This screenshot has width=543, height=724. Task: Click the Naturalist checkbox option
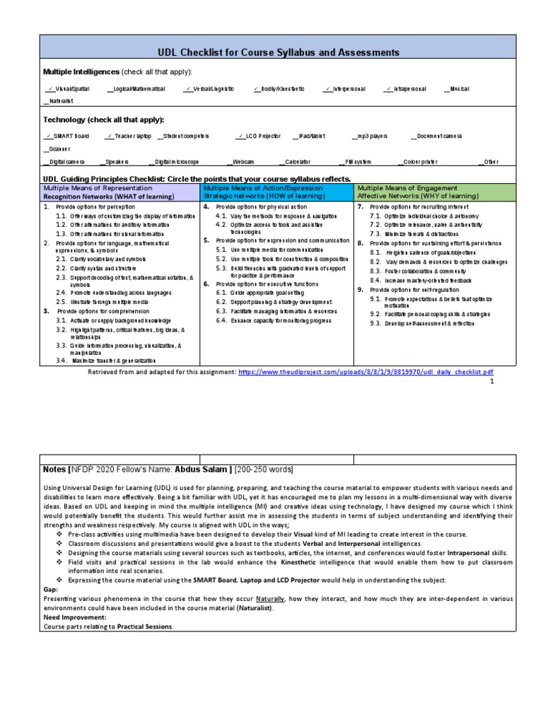59,102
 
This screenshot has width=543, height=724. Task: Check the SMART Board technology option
66,136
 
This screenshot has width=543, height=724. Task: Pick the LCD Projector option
259,136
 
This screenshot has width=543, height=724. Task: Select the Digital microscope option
176,162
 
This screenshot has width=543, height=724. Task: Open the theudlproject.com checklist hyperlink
366,371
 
